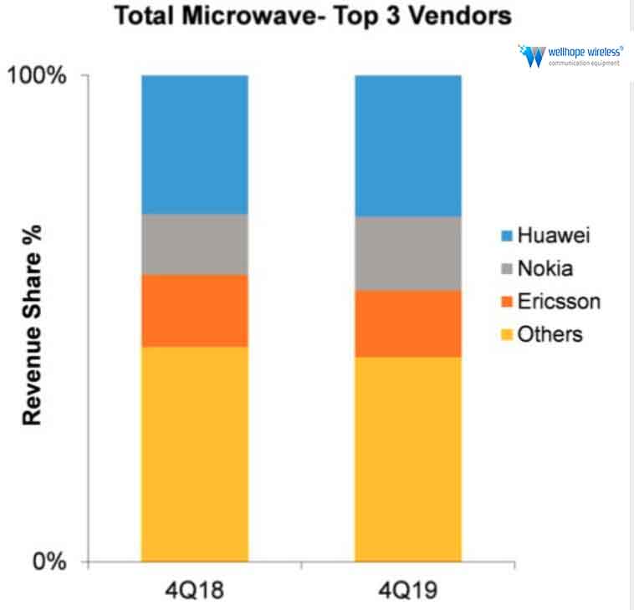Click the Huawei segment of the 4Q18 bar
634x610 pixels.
(195, 145)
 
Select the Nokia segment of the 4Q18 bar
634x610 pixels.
(195, 244)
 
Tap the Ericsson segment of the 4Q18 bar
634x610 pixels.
(195, 310)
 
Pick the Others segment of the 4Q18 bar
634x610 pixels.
(195, 453)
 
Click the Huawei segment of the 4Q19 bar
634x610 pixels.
(408, 145)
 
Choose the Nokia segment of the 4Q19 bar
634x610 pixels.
(408, 253)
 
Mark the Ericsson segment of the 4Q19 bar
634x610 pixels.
(408, 323)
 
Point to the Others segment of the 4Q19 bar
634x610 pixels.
(408, 459)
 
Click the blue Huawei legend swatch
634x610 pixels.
(505, 236)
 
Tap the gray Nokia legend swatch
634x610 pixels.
(505, 269)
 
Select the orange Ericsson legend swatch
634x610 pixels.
(505, 302)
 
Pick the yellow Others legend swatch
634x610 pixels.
(505, 334)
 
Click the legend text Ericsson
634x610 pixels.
(558, 302)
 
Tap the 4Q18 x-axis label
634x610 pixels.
(195, 589)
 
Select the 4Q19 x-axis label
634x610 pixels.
(408, 589)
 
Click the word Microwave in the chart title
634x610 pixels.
(252, 17)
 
